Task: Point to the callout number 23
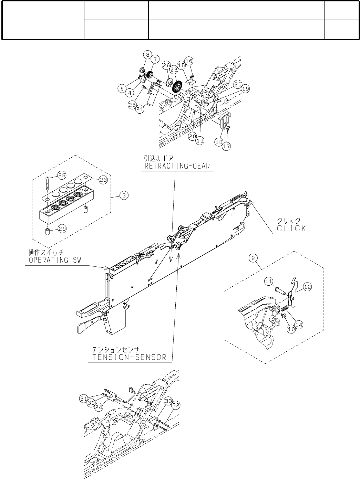click(x=104, y=179)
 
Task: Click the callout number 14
click(x=299, y=324)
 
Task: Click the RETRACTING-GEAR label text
click(x=177, y=167)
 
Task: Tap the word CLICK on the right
click(x=291, y=228)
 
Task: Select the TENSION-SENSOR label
click(x=129, y=357)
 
